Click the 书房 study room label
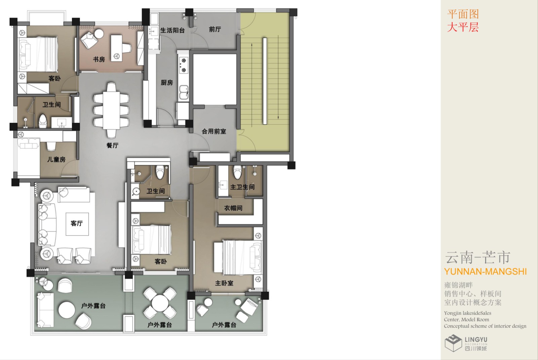point(99,59)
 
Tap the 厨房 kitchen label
point(167,83)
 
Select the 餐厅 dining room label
point(112,145)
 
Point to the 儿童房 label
point(56,159)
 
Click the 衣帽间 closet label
point(233,208)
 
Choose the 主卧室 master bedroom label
point(224,283)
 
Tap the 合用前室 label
point(214,131)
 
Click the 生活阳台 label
point(172,31)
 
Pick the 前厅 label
point(215,29)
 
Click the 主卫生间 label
point(242,187)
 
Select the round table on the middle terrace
point(160,303)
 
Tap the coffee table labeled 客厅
point(77,224)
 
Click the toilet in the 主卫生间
point(238,172)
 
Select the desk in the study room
point(116,48)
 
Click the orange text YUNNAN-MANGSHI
point(486,272)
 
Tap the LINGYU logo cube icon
point(453,343)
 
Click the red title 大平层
point(463,27)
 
